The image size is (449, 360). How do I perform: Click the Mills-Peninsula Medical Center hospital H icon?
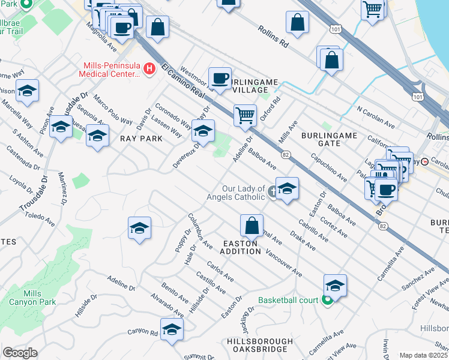pyautogui.click(x=150, y=70)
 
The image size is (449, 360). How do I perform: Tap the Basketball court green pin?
pyautogui.click(x=327, y=300)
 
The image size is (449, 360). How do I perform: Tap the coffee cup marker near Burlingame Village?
pyautogui.click(x=220, y=78)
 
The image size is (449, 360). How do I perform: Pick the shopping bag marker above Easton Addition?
pyautogui.click(x=252, y=226)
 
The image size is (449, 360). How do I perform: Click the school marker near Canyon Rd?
pyautogui.click(x=172, y=329)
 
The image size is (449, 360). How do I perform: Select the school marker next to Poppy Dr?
pyautogui.click(x=139, y=228)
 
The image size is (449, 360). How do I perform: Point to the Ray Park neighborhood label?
pyautogui.click(x=141, y=139)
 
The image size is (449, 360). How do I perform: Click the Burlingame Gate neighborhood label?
pyautogui.click(x=329, y=140)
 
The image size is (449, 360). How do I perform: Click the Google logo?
pyautogui.click(x=20, y=353)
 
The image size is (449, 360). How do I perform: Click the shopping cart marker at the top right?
pyautogui.click(x=373, y=10)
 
